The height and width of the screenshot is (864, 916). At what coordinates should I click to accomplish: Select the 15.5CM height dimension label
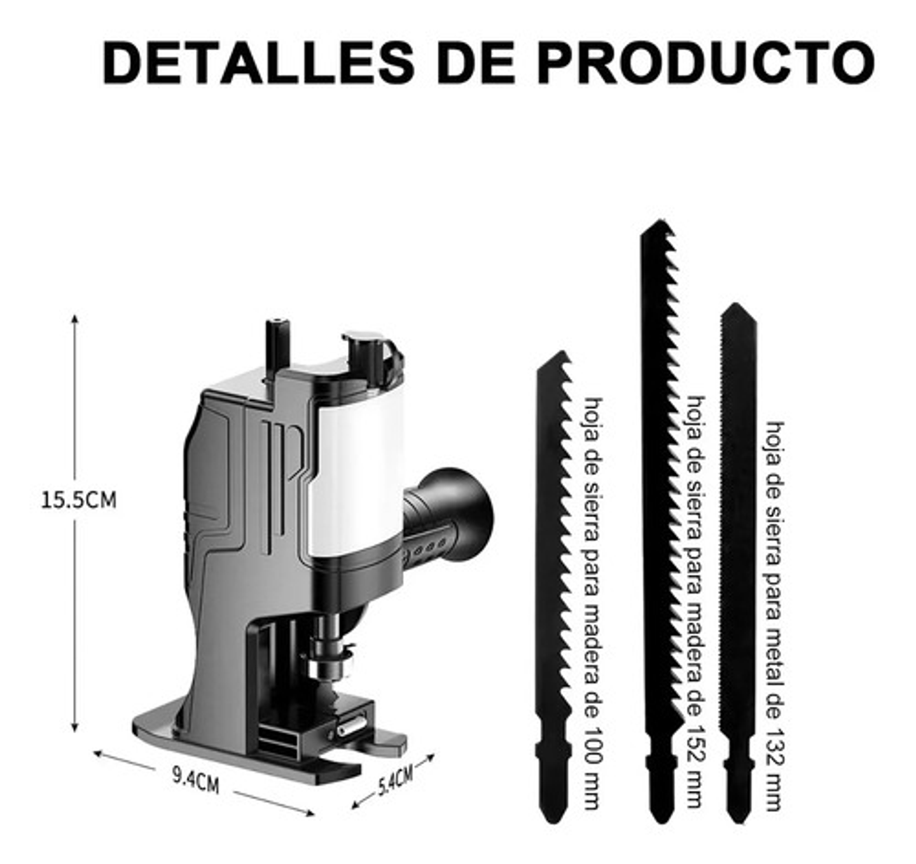[x=78, y=500]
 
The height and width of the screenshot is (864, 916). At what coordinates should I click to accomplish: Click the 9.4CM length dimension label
[x=195, y=779]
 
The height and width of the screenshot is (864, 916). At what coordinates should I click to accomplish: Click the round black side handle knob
[x=464, y=515]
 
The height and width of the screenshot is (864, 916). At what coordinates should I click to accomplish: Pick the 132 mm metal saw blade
[x=738, y=540]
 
